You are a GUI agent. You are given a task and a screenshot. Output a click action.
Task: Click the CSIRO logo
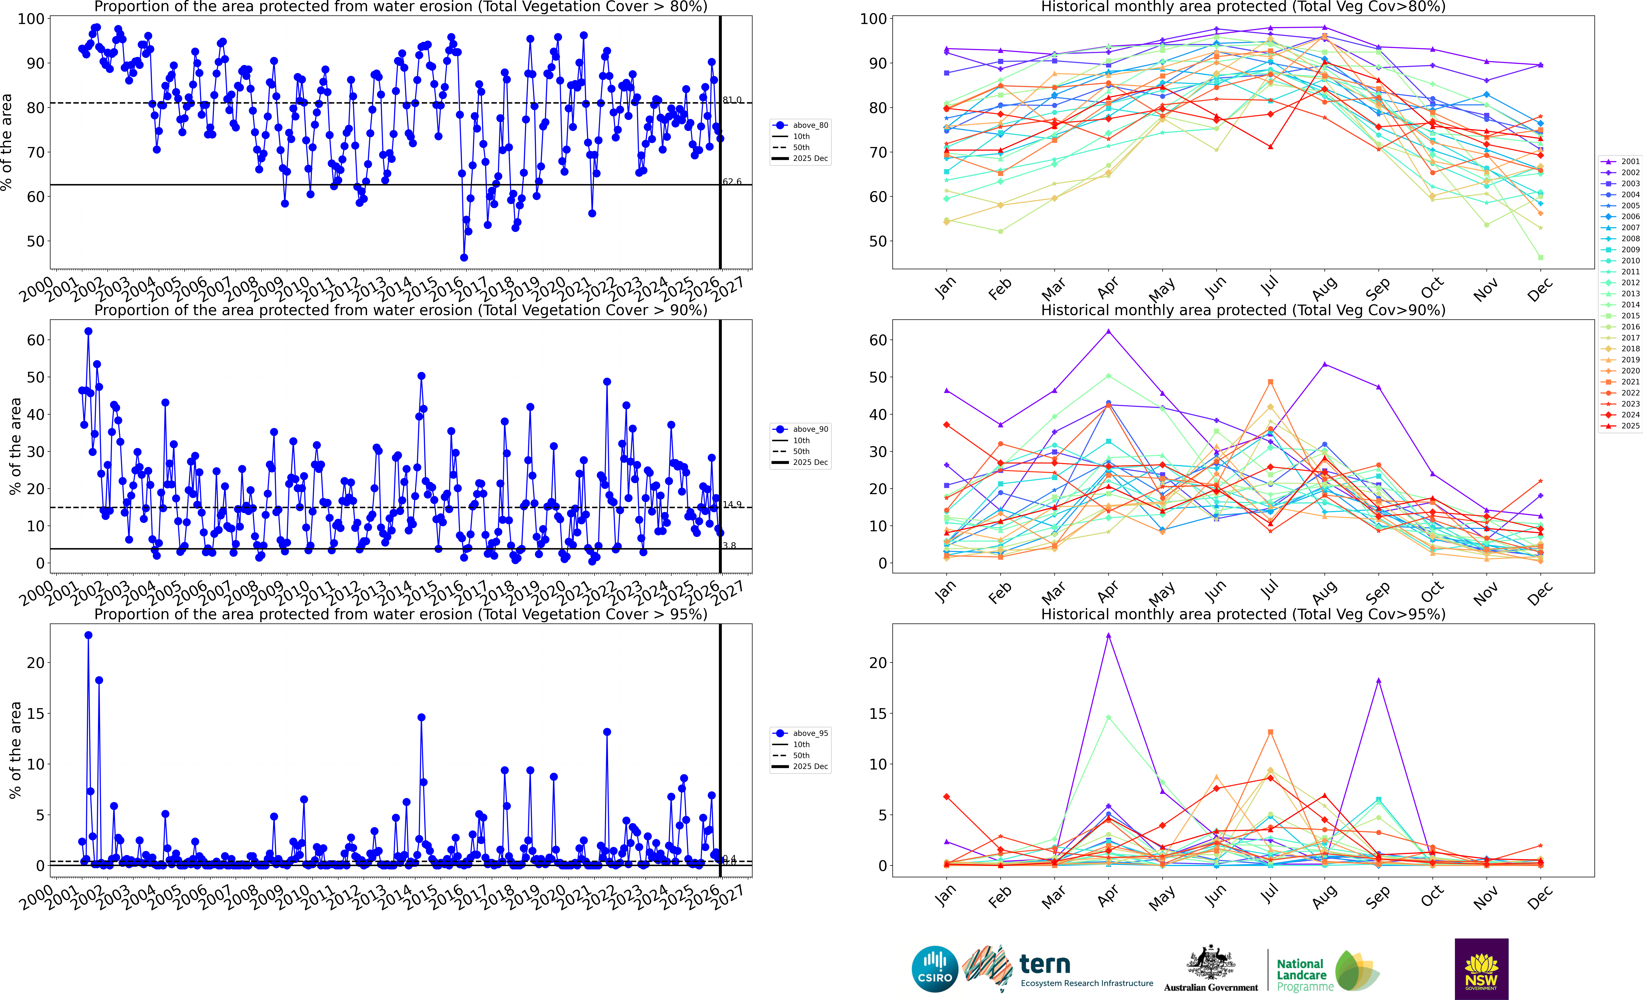[x=935, y=969]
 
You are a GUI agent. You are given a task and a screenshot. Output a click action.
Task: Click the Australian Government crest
[x=1210, y=963]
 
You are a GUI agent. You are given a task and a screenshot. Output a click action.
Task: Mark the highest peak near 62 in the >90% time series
[x=88, y=331]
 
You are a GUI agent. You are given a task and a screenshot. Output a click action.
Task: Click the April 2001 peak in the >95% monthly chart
[x=1108, y=636]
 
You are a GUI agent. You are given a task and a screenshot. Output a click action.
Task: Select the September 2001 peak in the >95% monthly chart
[x=1378, y=681]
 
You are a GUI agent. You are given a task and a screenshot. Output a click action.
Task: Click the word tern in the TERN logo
[x=1045, y=964]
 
